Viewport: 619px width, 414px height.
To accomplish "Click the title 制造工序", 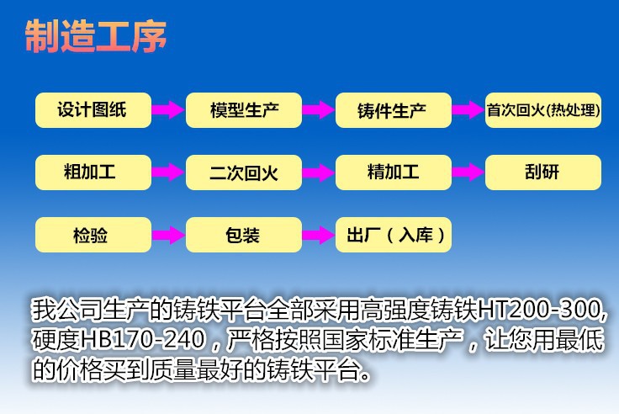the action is [x=96, y=36].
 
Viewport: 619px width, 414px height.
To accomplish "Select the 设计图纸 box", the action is [x=93, y=110].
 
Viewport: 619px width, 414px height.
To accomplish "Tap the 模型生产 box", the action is [x=244, y=110].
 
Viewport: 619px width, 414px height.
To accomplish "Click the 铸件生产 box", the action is [x=394, y=110].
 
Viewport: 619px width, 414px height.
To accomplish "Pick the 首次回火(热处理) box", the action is [x=543, y=110].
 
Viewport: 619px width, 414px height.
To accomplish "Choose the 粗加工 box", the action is [x=93, y=172].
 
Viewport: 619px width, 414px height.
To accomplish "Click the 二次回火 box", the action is [x=244, y=172].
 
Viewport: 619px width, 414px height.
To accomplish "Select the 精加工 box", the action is [x=394, y=172].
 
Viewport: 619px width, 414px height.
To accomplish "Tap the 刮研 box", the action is [x=543, y=172].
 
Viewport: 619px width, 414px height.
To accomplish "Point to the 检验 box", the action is [x=93, y=235].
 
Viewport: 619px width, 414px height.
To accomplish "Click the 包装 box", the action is [x=244, y=235].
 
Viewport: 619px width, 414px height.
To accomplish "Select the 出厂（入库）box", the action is [x=394, y=235].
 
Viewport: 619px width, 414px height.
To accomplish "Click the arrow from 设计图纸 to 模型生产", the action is [x=168, y=110].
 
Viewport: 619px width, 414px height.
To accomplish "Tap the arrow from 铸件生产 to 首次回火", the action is [x=468, y=110].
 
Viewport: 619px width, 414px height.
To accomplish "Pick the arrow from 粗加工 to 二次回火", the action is [x=168, y=172].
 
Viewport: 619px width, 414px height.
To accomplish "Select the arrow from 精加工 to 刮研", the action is [x=468, y=172].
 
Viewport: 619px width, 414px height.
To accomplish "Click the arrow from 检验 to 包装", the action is [x=168, y=235].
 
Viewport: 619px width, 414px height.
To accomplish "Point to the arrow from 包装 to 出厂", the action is [x=319, y=235].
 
